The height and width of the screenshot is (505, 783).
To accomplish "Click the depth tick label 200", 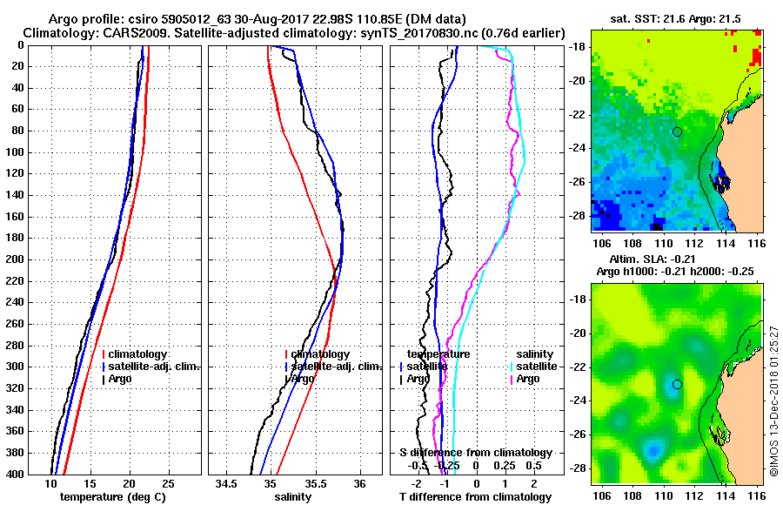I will tap(15, 259).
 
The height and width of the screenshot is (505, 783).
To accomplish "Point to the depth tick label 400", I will tap(15, 475).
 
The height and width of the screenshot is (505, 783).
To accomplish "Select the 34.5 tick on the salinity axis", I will tap(227, 483).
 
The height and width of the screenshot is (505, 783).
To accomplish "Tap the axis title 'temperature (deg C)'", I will tap(111, 497).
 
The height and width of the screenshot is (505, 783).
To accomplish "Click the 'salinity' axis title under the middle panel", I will tap(293, 497).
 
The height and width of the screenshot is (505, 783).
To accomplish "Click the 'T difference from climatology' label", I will tap(476, 497).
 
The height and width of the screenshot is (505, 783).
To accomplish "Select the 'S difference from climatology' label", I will tap(476, 453).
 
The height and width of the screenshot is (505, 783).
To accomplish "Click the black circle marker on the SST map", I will tap(677, 131).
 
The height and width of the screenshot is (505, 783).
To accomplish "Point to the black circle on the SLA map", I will tap(677, 384).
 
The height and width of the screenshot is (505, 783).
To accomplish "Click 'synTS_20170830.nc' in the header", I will tap(404, 32).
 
